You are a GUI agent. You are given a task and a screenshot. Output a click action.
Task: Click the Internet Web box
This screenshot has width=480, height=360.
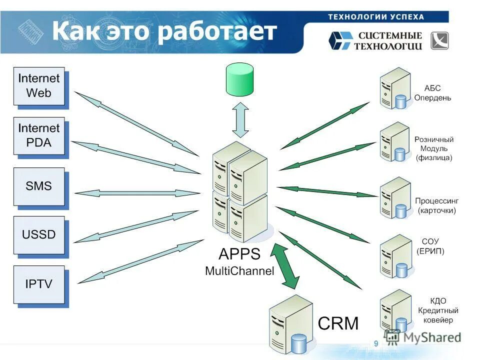click(39, 86)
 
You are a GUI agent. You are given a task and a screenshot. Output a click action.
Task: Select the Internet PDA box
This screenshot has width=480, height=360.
click(39, 135)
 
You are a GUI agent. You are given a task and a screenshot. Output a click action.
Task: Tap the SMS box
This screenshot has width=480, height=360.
click(39, 186)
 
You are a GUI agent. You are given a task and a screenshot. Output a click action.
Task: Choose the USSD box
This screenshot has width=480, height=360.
click(39, 234)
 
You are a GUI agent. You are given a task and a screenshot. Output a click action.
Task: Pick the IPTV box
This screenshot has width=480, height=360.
click(39, 284)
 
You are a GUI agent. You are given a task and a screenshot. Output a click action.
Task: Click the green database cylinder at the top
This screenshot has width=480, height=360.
click(239, 79)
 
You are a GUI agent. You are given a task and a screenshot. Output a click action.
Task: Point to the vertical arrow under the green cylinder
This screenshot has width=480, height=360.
click(241, 119)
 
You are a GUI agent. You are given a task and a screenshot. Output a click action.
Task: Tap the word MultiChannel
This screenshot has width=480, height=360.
click(239, 271)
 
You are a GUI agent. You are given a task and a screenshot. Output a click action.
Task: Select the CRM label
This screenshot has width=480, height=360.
click(338, 323)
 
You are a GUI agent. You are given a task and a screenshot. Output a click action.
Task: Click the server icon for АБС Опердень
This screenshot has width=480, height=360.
click(394, 88)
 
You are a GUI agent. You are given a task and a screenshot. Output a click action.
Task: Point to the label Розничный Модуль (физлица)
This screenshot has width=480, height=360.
click(433, 148)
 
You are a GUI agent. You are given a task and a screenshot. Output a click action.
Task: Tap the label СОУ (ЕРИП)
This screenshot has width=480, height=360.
click(430, 246)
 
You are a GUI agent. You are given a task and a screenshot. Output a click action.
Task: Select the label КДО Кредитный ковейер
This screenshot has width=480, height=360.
click(438, 310)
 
